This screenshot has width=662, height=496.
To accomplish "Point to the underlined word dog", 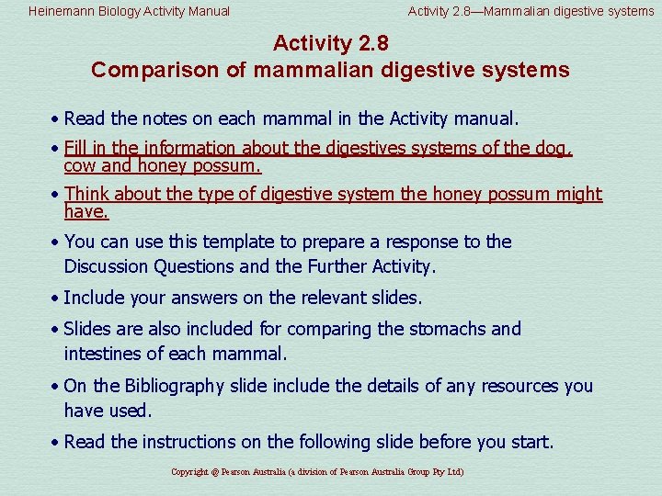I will point(555,148).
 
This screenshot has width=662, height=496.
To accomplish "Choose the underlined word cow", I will point(80,166).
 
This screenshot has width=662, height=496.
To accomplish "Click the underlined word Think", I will point(88,194).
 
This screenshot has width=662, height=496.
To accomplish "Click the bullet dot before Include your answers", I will point(56,299).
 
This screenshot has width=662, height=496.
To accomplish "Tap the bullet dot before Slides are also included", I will point(56,330).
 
